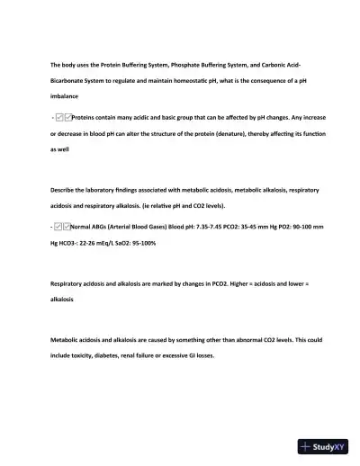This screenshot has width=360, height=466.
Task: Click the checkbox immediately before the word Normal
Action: tap(66, 229)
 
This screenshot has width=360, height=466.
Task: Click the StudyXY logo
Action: tap(323, 445)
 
